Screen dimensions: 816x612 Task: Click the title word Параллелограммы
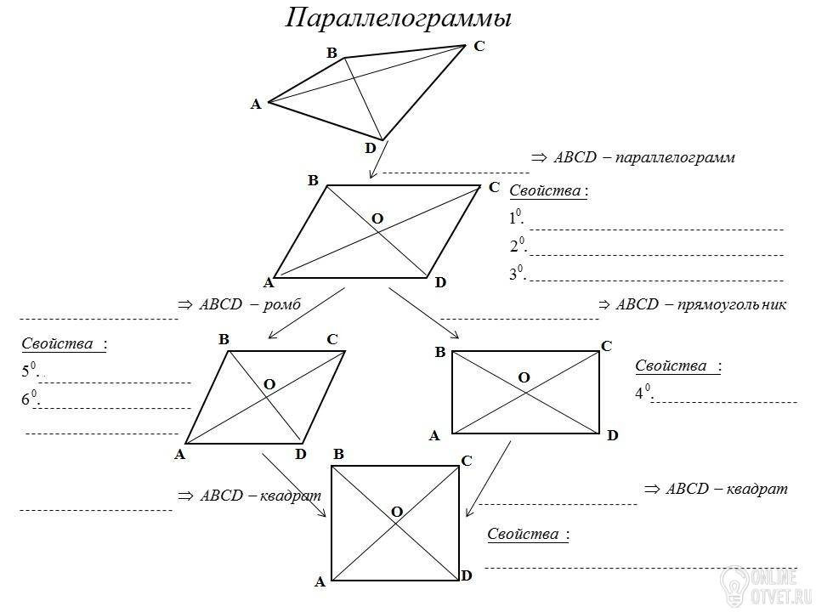(399, 19)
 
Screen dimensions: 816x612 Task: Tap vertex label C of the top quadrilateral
(479, 46)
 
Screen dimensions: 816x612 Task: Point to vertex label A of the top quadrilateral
(256, 105)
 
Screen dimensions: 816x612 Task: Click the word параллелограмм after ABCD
(675, 157)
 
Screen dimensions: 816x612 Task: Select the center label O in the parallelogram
(377, 218)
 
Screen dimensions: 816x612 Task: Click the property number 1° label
(516, 217)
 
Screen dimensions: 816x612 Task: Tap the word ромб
(281, 304)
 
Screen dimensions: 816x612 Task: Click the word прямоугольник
(732, 304)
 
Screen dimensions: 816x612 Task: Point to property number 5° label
(31, 370)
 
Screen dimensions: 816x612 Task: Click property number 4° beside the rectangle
(643, 392)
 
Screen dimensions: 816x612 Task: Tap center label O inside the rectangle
(524, 377)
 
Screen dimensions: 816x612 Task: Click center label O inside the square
(397, 512)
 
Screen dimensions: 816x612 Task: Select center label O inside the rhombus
(269, 384)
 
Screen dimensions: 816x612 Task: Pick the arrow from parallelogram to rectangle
(424, 314)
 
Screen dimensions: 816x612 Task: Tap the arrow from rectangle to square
(488, 479)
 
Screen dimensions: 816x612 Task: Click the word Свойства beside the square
(523, 534)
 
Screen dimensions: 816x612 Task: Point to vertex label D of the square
(467, 575)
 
